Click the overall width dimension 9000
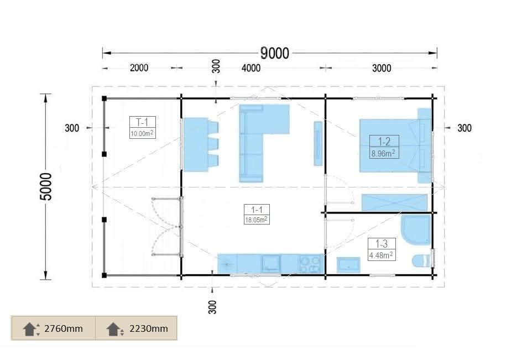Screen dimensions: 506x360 click(275, 53)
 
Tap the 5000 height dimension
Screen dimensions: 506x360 click(46, 186)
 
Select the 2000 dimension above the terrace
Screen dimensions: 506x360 click(139, 67)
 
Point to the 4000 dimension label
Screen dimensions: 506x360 click(251, 67)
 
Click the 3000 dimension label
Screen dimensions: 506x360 click(382, 68)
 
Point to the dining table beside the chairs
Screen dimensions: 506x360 click(196, 144)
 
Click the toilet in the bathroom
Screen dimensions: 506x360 click(421, 260)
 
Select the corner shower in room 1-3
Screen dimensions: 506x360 click(416, 229)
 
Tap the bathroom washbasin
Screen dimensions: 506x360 click(348, 265)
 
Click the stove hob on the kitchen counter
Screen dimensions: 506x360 click(310, 264)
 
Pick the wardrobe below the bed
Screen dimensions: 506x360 click(394, 202)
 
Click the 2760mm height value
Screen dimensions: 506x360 click(64, 328)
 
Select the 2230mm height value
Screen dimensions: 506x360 click(149, 328)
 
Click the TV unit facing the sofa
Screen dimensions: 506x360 click(318, 144)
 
